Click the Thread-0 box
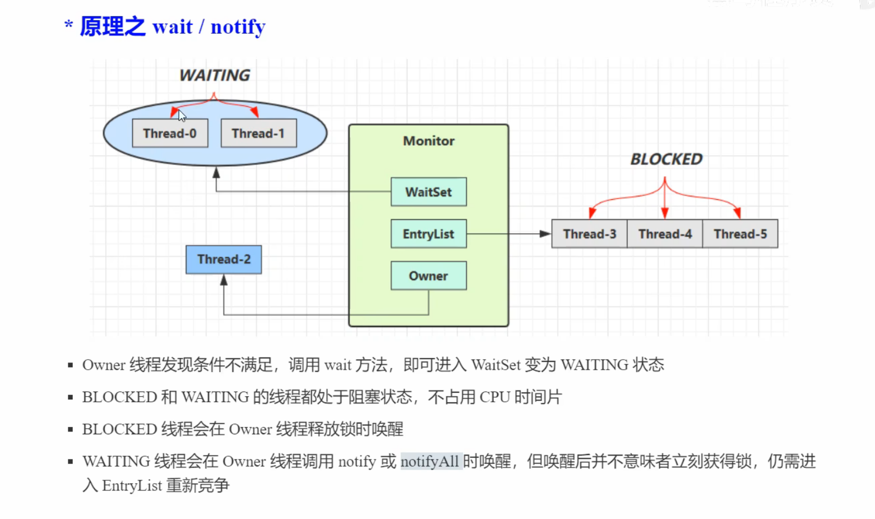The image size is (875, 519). point(170,133)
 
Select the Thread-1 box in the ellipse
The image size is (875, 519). point(258,133)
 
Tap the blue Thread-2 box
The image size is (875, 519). point(224,259)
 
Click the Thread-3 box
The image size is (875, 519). point(590,234)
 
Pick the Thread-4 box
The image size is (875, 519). point(665,234)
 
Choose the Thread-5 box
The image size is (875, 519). point(740,234)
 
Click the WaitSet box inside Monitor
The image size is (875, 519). point(428,192)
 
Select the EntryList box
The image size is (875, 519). point(428,234)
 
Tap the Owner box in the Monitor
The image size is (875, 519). point(428,275)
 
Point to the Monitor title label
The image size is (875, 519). point(428,141)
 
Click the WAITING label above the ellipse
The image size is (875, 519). point(215,75)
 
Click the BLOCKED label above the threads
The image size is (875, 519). point(666,159)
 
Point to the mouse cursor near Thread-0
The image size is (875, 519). point(182,116)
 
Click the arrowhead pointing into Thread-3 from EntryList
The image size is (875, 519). point(545,234)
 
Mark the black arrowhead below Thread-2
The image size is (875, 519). point(224,279)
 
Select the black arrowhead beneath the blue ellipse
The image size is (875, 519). point(216,172)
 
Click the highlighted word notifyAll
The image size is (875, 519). point(430,462)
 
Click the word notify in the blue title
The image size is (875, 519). point(238,27)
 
